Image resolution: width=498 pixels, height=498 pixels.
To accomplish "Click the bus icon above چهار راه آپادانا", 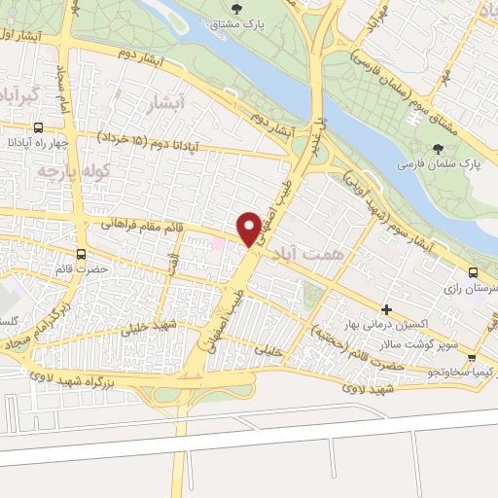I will click(x=38, y=127).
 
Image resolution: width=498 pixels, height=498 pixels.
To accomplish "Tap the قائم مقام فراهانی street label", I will click(x=140, y=227).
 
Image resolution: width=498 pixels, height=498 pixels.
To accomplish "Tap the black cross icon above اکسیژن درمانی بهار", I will click(x=386, y=308).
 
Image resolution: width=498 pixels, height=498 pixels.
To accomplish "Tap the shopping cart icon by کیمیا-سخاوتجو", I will click(x=488, y=372).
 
